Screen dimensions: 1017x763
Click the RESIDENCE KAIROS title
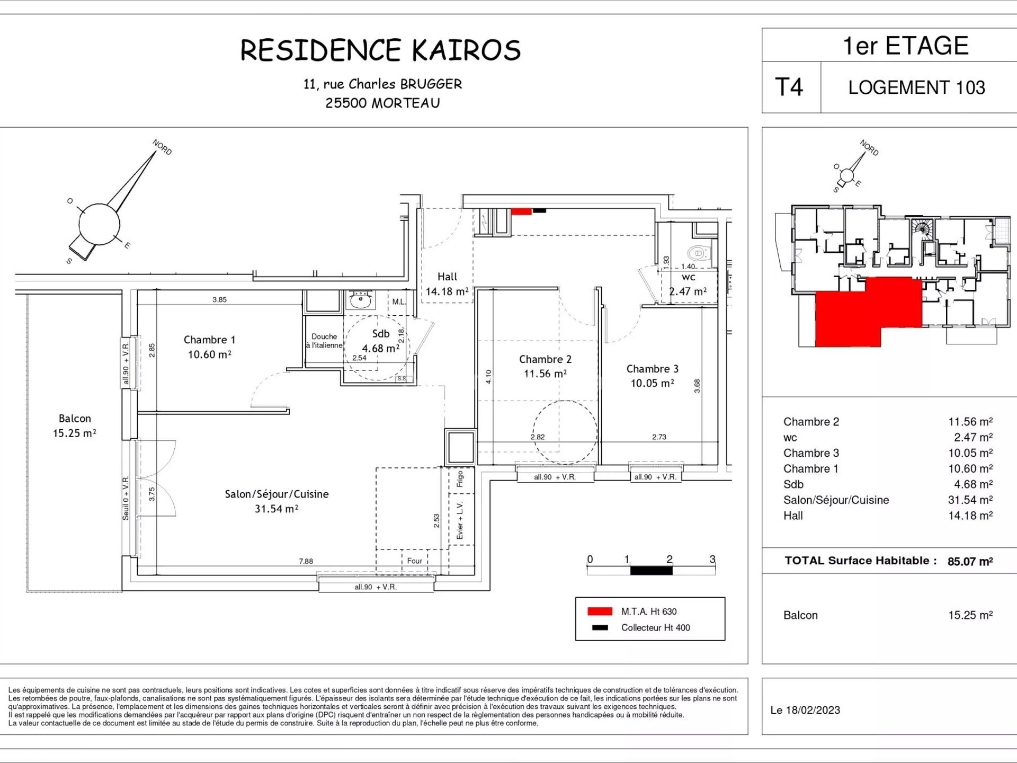point(380,50)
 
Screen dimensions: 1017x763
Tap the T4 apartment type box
point(791,87)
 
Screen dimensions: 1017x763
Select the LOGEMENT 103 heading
point(916,87)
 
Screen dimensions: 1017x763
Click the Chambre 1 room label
point(209,340)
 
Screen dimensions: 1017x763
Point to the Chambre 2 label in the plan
point(545,359)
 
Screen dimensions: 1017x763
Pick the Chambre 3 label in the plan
point(652,369)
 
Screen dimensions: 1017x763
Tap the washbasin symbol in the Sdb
point(362,301)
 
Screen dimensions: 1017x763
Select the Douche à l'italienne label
point(324,341)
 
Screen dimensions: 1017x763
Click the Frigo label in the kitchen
point(460,478)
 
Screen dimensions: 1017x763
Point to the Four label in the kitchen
point(415,561)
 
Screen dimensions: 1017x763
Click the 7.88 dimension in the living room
point(306,561)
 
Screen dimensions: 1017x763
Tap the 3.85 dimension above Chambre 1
point(219,299)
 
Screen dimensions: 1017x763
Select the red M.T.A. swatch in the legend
point(600,611)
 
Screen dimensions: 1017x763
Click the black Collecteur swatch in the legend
point(600,628)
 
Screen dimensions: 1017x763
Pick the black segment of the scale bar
point(651,571)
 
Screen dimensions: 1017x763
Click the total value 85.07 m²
point(970,561)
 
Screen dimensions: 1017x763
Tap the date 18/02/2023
point(813,711)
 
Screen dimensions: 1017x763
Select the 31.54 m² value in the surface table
point(970,500)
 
